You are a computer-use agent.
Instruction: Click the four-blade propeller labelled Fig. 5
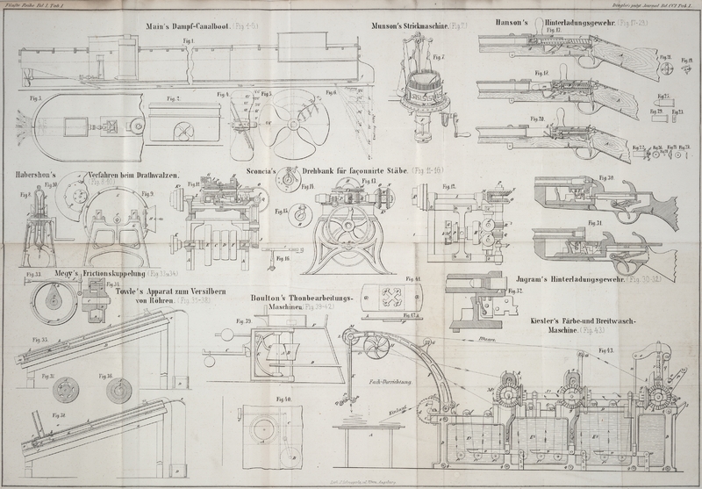tap(288, 123)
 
